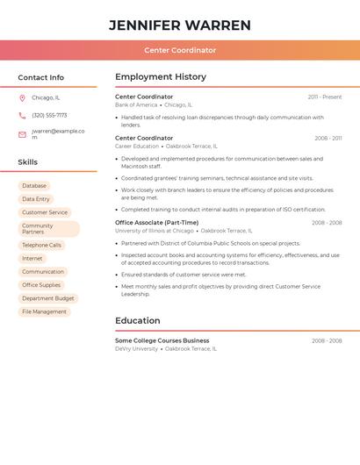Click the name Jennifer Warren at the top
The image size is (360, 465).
coord(180,25)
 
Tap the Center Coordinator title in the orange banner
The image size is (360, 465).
coord(180,50)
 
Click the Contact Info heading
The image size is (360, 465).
coord(41,77)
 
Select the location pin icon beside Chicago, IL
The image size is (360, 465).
coord(22,98)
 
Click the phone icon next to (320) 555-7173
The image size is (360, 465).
coord(22,116)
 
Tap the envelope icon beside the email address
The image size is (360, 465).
coord(22,134)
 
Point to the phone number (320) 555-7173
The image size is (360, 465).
coord(49,116)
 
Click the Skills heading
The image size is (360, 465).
coord(28,162)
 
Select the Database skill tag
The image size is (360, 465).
coord(34,186)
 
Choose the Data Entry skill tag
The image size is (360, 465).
coord(36,199)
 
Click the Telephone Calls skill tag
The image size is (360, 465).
coord(42,246)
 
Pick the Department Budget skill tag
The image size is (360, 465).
coord(48,298)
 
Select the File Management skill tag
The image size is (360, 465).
coord(44,311)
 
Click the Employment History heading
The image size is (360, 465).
coord(161,77)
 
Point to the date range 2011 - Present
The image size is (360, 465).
coord(325,97)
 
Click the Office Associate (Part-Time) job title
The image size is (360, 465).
coord(157,223)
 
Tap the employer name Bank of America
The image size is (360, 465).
coord(136,105)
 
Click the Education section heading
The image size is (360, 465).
coord(138,321)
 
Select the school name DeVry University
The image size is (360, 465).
coord(137,348)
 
